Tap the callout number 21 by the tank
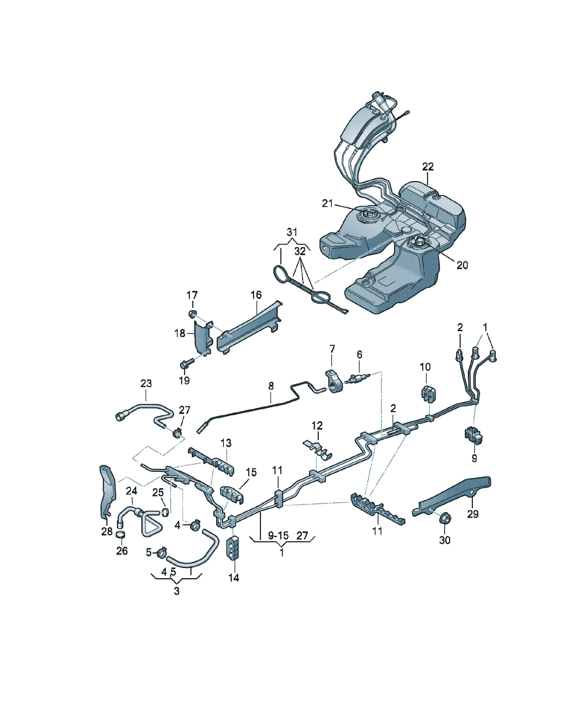(327, 203)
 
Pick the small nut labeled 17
(192, 314)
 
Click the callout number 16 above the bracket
(256, 295)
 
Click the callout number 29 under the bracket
(473, 514)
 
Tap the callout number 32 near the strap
(300, 251)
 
